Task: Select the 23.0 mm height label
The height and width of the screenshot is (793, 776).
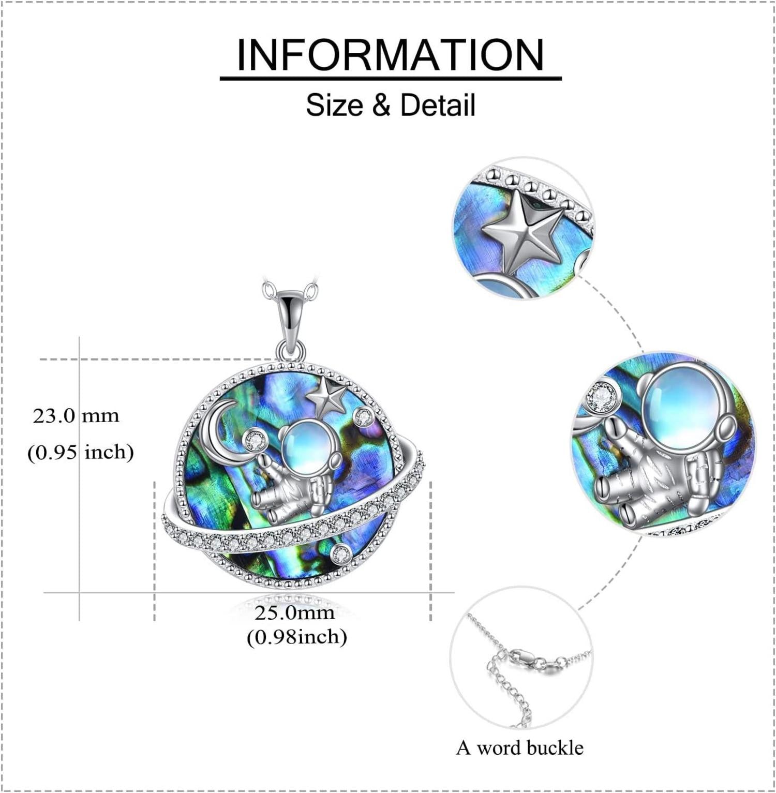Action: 76,415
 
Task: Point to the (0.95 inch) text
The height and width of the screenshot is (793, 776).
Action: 81,452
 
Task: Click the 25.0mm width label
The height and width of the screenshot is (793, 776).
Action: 294,612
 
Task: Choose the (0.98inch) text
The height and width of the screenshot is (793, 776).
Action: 296,637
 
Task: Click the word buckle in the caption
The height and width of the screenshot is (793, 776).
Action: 555,747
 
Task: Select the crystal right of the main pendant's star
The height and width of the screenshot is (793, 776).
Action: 363,416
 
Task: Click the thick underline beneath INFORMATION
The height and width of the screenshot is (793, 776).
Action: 391,78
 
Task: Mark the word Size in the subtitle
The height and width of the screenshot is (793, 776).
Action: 335,105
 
